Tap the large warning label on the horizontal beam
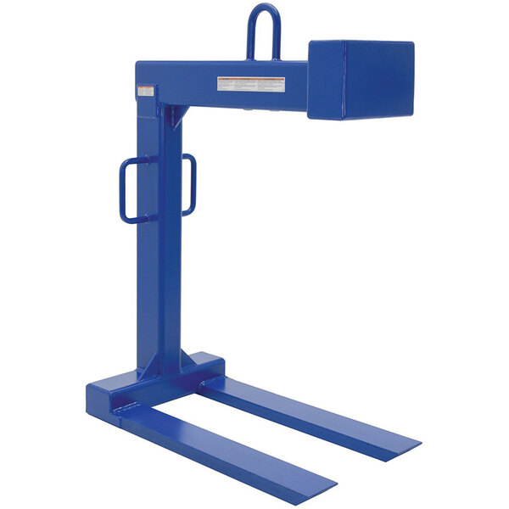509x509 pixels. click(251, 85)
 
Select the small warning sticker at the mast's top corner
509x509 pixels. click(147, 90)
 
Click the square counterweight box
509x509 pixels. click(361, 81)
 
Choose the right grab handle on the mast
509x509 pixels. click(190, 183)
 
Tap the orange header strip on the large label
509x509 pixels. click(251, 80)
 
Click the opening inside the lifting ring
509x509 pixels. click(264, 36)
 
